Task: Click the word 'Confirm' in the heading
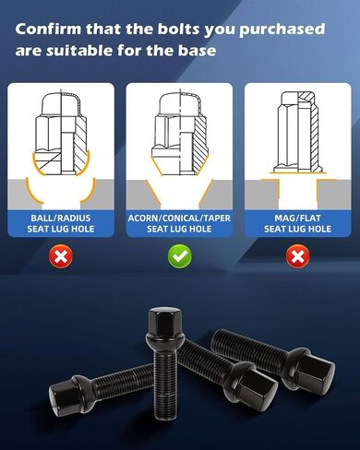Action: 48,30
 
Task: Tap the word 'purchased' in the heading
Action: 282,30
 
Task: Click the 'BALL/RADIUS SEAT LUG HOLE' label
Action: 61,223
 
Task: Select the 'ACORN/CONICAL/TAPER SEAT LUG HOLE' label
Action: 179,223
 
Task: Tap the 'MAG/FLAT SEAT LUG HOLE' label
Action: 298,223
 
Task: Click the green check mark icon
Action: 180,256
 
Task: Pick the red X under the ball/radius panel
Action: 61,256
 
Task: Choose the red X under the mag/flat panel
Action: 298,256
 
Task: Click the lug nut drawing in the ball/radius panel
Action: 61,133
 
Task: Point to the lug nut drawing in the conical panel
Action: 180,133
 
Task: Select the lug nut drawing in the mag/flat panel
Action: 298,132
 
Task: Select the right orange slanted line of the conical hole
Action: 206,192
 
